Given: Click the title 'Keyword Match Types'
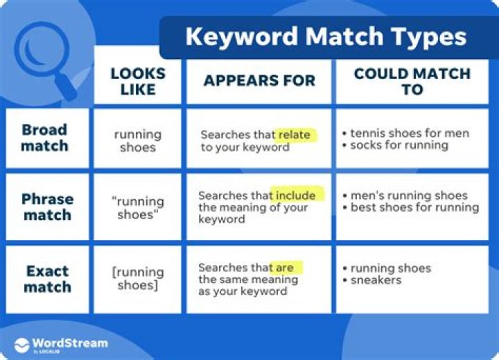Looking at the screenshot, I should click(326, 36).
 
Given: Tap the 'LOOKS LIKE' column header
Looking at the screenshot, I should click(137, 81).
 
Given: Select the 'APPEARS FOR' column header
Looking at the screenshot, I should click(259, 81).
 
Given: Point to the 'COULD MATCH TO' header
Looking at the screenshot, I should click(412, 81).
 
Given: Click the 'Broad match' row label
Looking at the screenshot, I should click(44, 137).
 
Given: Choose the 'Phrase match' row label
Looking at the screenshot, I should click(46, 206).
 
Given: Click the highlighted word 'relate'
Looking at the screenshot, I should click(294, 135).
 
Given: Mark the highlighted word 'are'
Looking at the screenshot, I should click(285, 267).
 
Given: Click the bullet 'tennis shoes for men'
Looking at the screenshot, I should click(409, 133).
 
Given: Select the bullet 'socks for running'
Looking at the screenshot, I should click(399, 145).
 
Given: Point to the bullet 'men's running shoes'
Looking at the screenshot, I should click(408, 196).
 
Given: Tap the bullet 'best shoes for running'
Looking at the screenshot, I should click(414, 207).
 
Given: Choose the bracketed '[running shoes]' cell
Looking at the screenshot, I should click(138, 278).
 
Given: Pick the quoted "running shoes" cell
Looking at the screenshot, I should click(137, 207).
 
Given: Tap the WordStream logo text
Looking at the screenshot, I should click(69, 343).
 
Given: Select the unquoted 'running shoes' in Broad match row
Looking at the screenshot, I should click(137, 140).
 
